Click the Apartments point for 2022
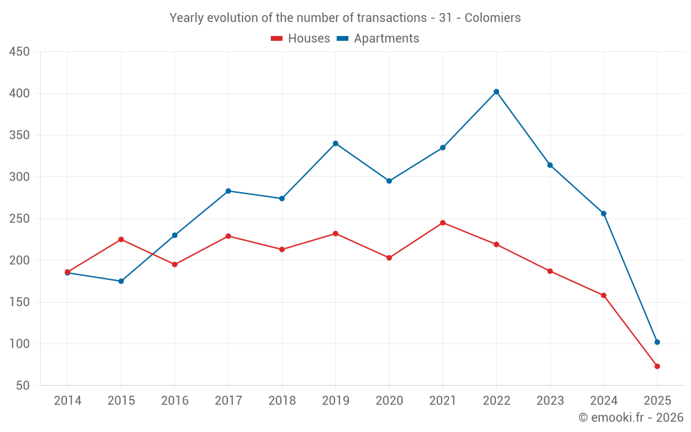coord(496,92)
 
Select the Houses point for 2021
coord(443,223)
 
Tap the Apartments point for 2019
coord(335,143)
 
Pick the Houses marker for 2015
coord(121,239)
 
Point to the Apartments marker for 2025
coord(657,342)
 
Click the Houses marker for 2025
coord(657,366)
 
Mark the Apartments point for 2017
coord(228,191)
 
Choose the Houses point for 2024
coord(603,295)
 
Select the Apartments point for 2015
coord(121,281)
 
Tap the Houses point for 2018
coord(282,250)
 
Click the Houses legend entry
coord(301,39)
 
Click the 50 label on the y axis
coord(23,386)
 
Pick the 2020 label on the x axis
coord(389,401)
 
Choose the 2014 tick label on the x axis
coord(67,401)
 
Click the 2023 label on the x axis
coord(550,401)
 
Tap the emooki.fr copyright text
coord(631,417)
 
